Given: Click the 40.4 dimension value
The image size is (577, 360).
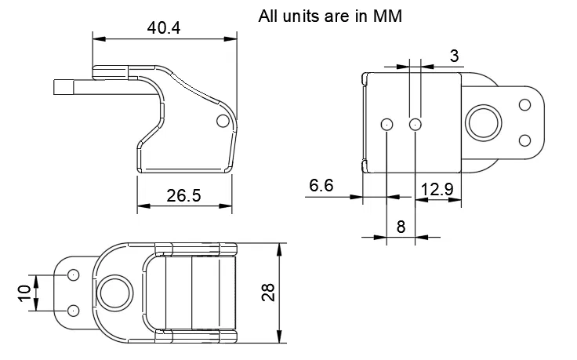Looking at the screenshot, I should tap(164, 27).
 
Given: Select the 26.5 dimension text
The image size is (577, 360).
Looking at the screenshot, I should tap(184, 195).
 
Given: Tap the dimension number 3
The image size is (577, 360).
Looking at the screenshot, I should tap(454, 55).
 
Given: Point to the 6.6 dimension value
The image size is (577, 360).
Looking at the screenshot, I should tap(321, 186).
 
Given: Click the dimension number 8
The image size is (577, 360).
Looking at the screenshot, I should tap(401, 227).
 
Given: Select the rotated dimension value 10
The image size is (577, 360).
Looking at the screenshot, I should tap(24, 293).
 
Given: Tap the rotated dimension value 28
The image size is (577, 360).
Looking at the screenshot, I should tap(269, 293).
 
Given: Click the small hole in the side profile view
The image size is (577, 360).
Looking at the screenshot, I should tap(223, 121).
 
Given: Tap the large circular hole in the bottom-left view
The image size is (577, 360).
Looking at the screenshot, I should tap(114, 292).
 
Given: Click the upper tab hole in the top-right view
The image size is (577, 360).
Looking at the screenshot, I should tap(524, 104).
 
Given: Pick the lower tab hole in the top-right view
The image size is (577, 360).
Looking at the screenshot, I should tap(524, 140).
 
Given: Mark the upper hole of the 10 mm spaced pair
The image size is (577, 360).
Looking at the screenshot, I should tap(73, 275).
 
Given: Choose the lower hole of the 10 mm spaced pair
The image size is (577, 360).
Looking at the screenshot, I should tap(73, 311).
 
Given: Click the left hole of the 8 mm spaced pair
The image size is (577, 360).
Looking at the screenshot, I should tap(386, 124).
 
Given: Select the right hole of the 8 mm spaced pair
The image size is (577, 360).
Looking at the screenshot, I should tap(416, 124).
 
